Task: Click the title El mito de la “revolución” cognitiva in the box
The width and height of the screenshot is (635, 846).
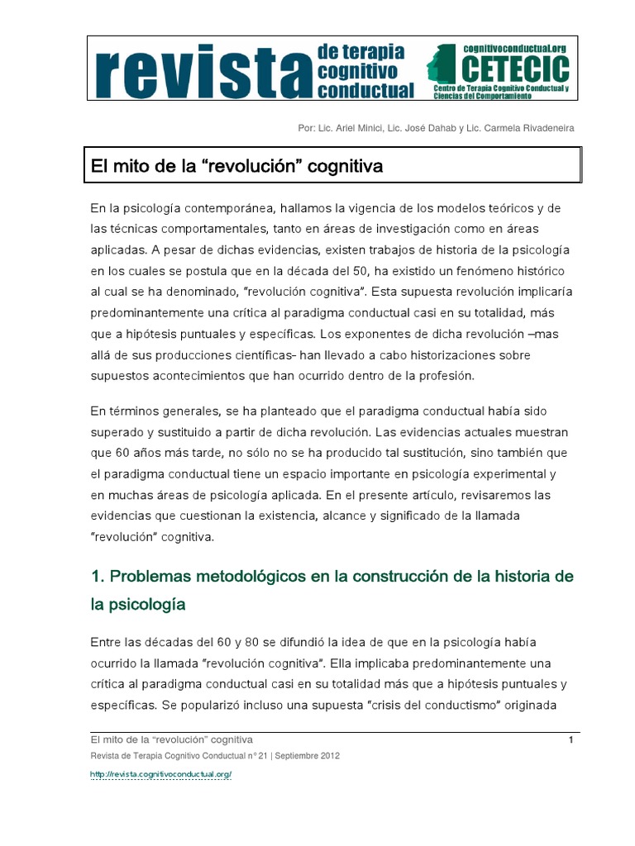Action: pos(236,167)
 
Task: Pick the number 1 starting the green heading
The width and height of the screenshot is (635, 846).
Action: pos(95,575)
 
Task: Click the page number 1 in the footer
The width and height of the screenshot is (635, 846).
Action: pos(571,739)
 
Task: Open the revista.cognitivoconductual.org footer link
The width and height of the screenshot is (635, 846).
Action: pos(160,774)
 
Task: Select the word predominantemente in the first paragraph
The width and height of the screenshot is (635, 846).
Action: pos(150,314)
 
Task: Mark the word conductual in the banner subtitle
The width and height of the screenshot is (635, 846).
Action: pos(365,90)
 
